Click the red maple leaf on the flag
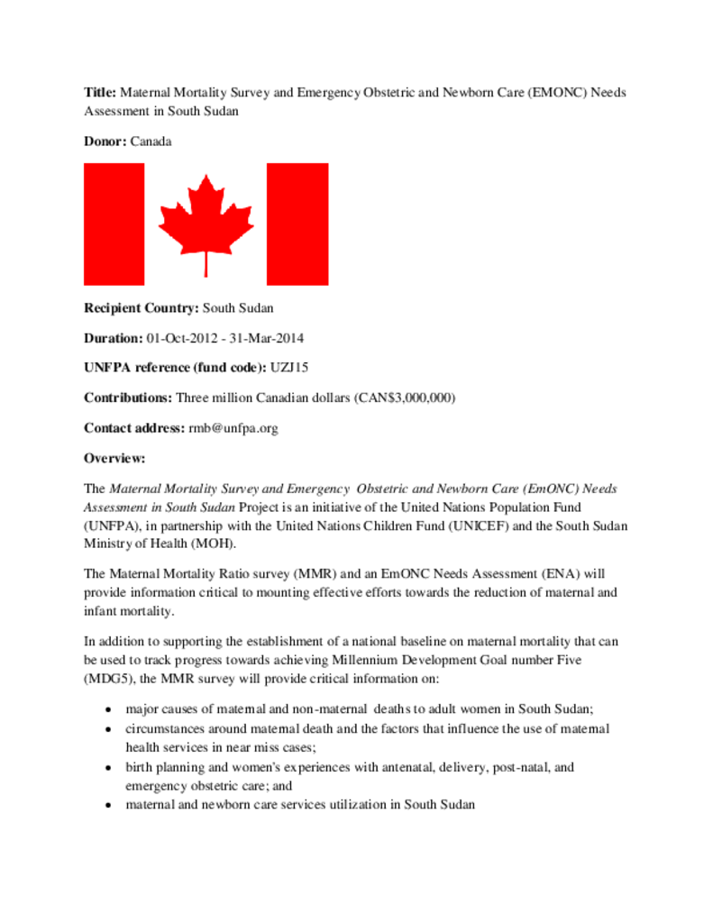[x=206, y=222]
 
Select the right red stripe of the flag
[x=297, y=224]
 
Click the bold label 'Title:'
[x=100, y=93]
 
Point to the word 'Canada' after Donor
[x=151, y=142]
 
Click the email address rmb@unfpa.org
[x=233, y=428]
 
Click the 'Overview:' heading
[x=114, y=458]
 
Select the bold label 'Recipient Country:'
[x=142, y=307]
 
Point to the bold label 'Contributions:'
[x=128, y=398]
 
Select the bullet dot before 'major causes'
[x=108, y=710]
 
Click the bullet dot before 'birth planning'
[x=108, y=768]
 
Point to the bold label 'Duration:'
[x=113, y=338]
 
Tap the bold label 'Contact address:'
[x=134, y=428]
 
